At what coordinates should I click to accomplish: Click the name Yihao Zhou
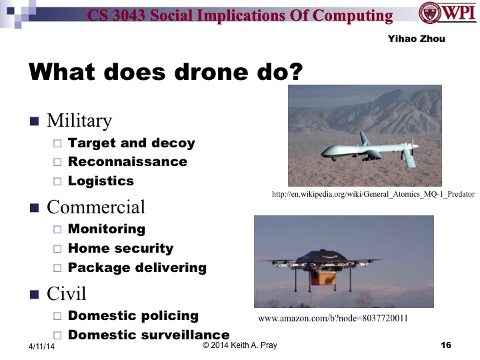point(416,39)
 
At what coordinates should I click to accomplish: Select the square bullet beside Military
point(35,121)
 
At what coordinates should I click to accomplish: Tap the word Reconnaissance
point(127,161)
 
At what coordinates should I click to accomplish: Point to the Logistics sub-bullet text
point(101,181)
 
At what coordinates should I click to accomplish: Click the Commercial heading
point(95,207)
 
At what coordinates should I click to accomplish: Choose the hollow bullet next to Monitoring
point(57,229)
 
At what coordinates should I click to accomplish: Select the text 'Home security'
point(121,248)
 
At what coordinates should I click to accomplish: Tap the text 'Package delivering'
point(137,267)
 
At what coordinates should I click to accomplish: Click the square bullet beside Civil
point(35,293)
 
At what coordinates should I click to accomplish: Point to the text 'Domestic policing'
point(133,315)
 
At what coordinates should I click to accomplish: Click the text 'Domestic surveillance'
point(149,335)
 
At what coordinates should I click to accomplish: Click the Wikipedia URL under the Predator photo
point(373,194)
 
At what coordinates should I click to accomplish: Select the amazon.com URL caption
point(333,318)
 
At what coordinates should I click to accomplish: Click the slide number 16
point(446,345)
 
